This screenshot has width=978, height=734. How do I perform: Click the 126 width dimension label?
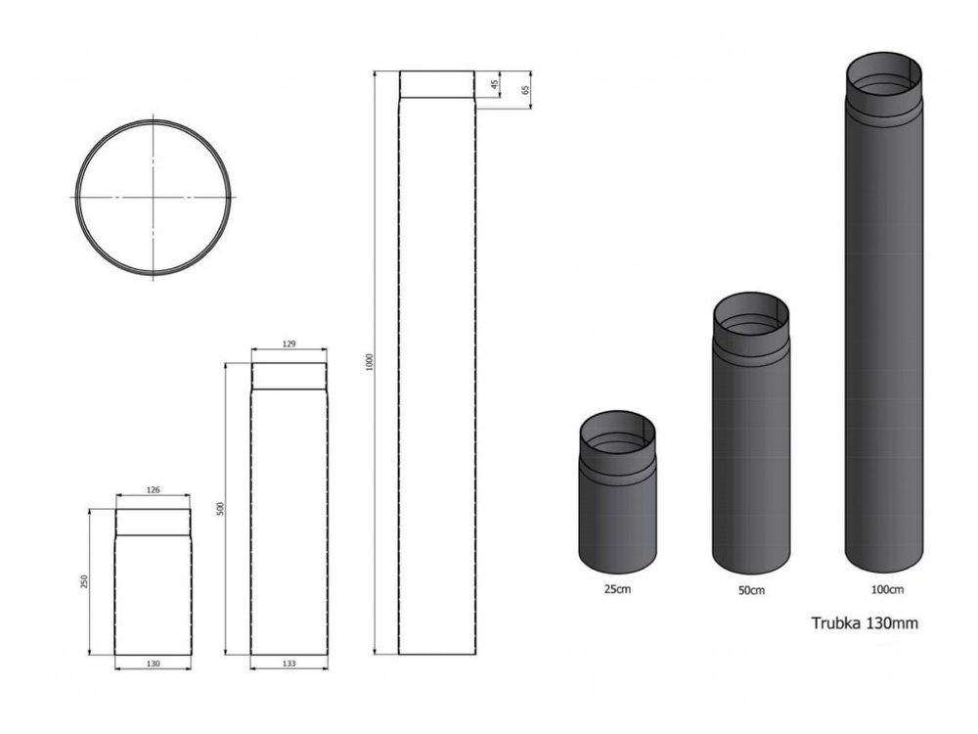[x=153, y=490]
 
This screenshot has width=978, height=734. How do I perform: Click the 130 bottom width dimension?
[x=153, y=664]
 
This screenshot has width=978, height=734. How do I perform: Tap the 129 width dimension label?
[x=289, y=344]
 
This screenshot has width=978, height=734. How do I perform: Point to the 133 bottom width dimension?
[x=289, y=664]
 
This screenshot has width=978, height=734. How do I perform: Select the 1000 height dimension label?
[x=368, y=362]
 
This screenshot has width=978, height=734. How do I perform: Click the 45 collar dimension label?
[x=494, y=85]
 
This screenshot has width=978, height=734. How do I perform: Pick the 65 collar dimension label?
[x=525, y=90]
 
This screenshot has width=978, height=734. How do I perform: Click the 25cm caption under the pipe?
[x=617, y=590]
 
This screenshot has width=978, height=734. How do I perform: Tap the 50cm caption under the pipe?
[x=751, y=590]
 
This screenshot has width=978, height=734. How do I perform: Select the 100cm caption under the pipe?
[x=884, y=589]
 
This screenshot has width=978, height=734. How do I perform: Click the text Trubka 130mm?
[x=865, y=622]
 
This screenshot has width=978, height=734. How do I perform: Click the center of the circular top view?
[x=154, y=197]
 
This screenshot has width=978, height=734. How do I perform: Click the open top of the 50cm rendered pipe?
[x=750, y=312]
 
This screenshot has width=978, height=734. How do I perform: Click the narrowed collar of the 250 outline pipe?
[x=153, y=523]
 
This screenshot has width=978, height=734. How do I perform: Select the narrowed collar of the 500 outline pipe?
[x=289, y=377]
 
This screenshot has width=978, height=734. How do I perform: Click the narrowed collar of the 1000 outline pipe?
[x=436, y=85]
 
